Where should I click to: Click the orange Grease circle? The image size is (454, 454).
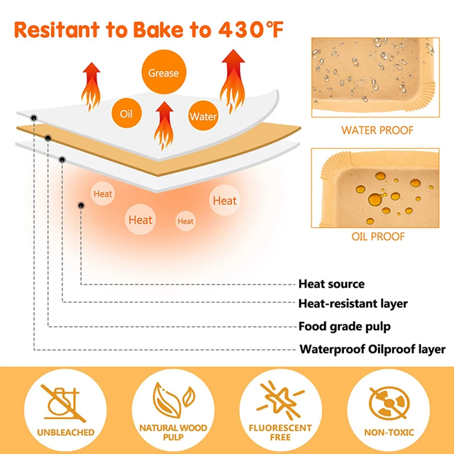point(163,73)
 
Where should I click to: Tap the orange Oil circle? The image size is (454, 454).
point(126,113)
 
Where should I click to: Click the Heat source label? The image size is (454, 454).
point(331,284)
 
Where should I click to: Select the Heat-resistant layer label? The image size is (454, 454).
point(353,303)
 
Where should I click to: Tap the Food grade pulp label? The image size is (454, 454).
point(344,326)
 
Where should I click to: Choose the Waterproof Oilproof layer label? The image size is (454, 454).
point(372,350)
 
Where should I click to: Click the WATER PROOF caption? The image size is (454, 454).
point(377,131)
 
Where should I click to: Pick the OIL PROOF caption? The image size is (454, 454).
point(378,236)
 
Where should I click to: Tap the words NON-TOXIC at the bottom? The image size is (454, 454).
point(389,432)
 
